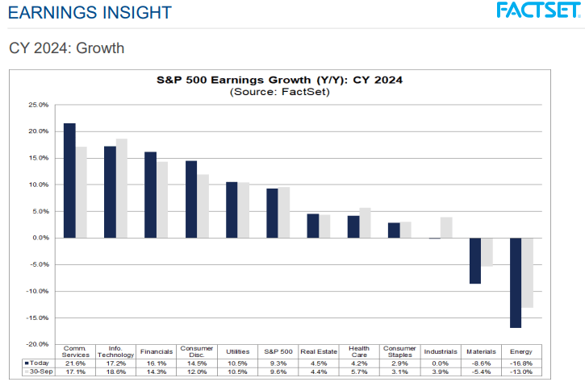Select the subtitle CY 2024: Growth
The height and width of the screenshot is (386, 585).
pos(67,48)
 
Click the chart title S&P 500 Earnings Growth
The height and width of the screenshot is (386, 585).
pos(279,80)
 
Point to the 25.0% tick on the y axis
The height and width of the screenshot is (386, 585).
pos(38,105)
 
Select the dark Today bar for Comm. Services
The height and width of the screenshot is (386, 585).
pos(70,181)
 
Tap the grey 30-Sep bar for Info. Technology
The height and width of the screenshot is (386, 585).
pos(122,189)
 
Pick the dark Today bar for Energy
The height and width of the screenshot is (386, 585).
pos(515,283)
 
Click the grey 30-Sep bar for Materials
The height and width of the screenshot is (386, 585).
pos(487,252)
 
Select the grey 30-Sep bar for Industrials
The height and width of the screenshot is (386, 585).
pos(446,228)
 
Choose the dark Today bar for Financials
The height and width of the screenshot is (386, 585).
pos(151,195)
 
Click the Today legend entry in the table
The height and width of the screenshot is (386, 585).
pos(37,363)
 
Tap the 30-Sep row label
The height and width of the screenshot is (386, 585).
pos(37,372)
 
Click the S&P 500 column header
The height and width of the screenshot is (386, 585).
pos(278,352)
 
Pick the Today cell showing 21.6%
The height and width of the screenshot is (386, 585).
pos(75,363)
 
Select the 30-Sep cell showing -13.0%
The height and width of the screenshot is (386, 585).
pos(520,372)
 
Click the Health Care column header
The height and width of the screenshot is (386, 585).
pos(359,352)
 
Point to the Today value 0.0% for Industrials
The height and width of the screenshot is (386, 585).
pos(440,363)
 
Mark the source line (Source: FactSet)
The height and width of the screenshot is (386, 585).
pos(279,92)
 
